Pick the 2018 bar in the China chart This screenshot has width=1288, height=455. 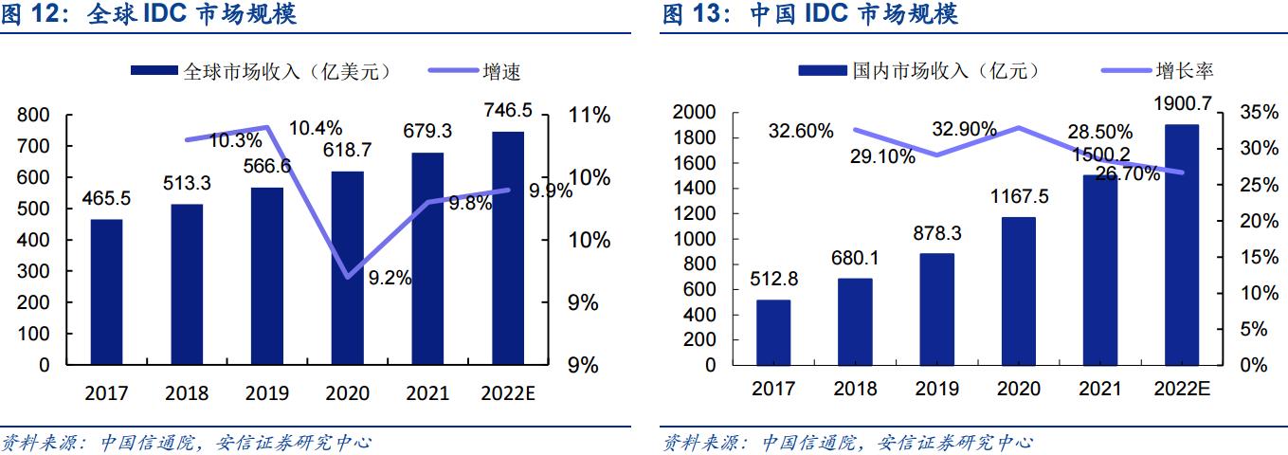[855, 321]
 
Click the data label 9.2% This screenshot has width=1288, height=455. [390, 279]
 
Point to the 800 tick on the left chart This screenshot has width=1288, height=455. [34, 116]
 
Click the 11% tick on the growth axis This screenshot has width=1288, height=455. [589, 116]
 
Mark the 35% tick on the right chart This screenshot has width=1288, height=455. [1258, 113]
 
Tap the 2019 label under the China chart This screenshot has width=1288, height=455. [936, 389]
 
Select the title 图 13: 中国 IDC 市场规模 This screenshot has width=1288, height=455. [809, 14]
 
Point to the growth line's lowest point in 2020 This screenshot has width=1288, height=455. [348, 276]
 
